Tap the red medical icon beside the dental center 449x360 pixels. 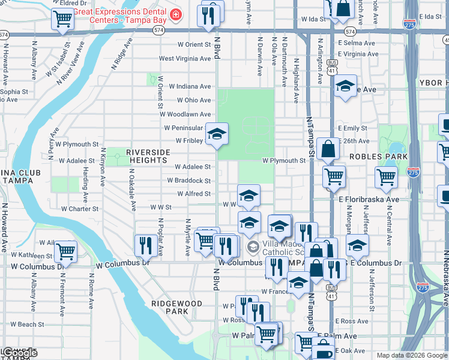pyautogui.click(x=176, y=14)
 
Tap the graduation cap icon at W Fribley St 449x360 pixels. pyautogui.click(x=217, y=134)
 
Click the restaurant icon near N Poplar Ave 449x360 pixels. pyautogui.click(x=145, y=244)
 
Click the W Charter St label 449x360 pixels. pyautogui.click(x=80, y=209)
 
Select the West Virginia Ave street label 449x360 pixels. pyautogui.click(x=185, y=59)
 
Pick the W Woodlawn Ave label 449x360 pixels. pyautogui.click(x=185, y=114)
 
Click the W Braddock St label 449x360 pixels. pyautogui.click(x=188, y=181)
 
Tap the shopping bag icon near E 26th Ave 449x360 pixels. pyautogui.click(x=328, y=149)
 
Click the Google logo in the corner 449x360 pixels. pyautogui.click(x=20, y=353)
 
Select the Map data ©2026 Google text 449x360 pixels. pyautogui.click(x=412, y=355)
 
